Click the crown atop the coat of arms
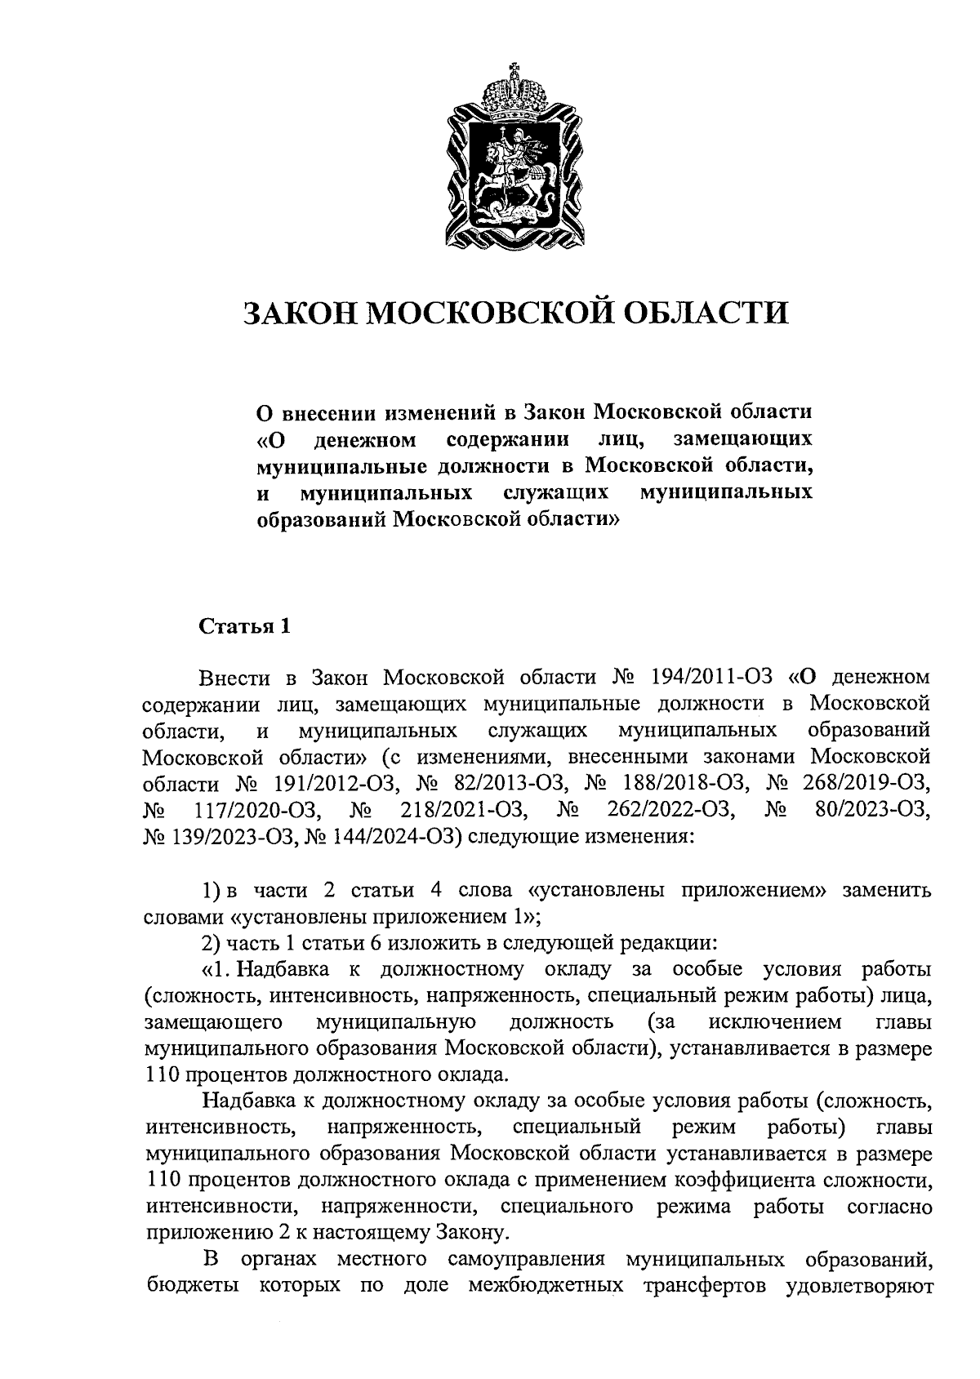pos(514,89)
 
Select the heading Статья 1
pos(245,627)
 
